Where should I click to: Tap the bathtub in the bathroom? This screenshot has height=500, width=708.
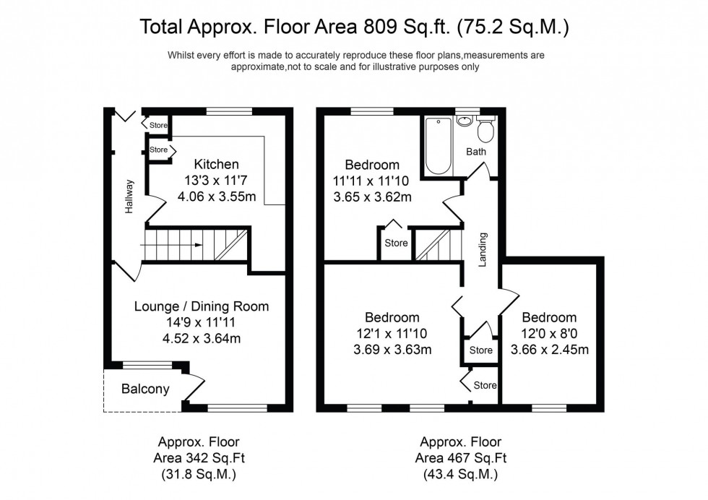coord(438,145)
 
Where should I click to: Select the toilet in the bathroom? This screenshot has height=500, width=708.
coord(485,130)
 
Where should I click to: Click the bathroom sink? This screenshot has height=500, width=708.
coord(464,121)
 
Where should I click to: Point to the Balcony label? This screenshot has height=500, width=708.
coord(145,389)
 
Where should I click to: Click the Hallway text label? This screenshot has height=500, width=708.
coord(130,196)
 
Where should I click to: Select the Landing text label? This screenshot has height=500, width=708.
coord(482,249)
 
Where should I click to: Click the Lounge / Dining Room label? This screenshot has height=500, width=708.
coord(202,306)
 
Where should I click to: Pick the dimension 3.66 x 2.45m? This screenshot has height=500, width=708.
coord(549,350)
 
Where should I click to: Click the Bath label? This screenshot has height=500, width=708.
coord(476,152)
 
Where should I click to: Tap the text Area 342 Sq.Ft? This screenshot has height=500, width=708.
coord(199,458)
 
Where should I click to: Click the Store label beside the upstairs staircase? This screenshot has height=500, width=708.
coord(396,243)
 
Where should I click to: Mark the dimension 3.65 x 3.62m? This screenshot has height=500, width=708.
coord(372,196)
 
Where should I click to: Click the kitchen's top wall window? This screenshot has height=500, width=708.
coord(229,111)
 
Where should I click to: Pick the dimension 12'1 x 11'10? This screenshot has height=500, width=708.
coord(392,335)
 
